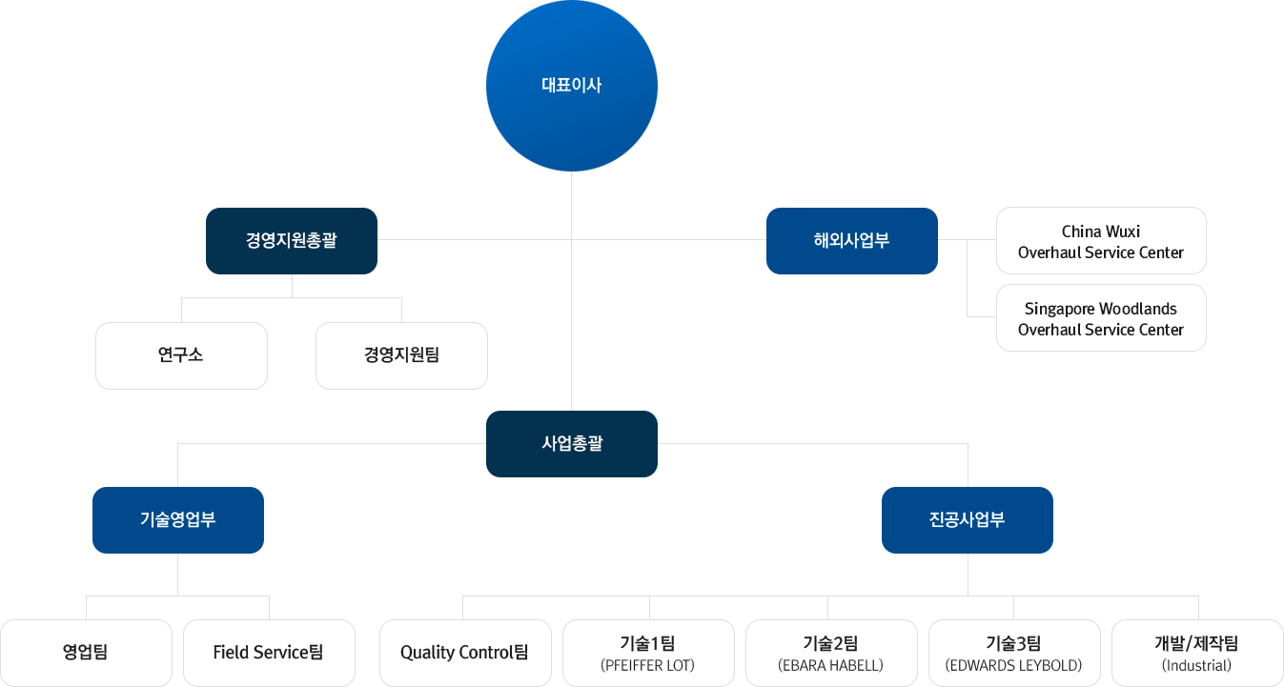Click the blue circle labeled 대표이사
coord(572,86)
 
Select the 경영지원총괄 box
coord(291,241)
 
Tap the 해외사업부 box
coord(852,241)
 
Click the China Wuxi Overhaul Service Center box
coord(1101,241)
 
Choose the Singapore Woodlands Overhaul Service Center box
coord(1101,318)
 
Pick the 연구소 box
coord(181,355)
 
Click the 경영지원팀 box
coord(401,355)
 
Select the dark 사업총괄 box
coord(572,443)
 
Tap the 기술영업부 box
coord(177,519)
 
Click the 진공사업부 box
coord(967,519)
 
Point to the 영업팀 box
coord(86,653)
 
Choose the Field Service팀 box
coord(269,653)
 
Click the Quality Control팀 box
coord(465,653)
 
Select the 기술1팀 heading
coord(648,643)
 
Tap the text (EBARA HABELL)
coord(830,666)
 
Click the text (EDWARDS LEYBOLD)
coord(1013,666)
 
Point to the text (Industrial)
coord(1196,666)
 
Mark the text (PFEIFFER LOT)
coord(648,666)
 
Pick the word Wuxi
coord(1124,232)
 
